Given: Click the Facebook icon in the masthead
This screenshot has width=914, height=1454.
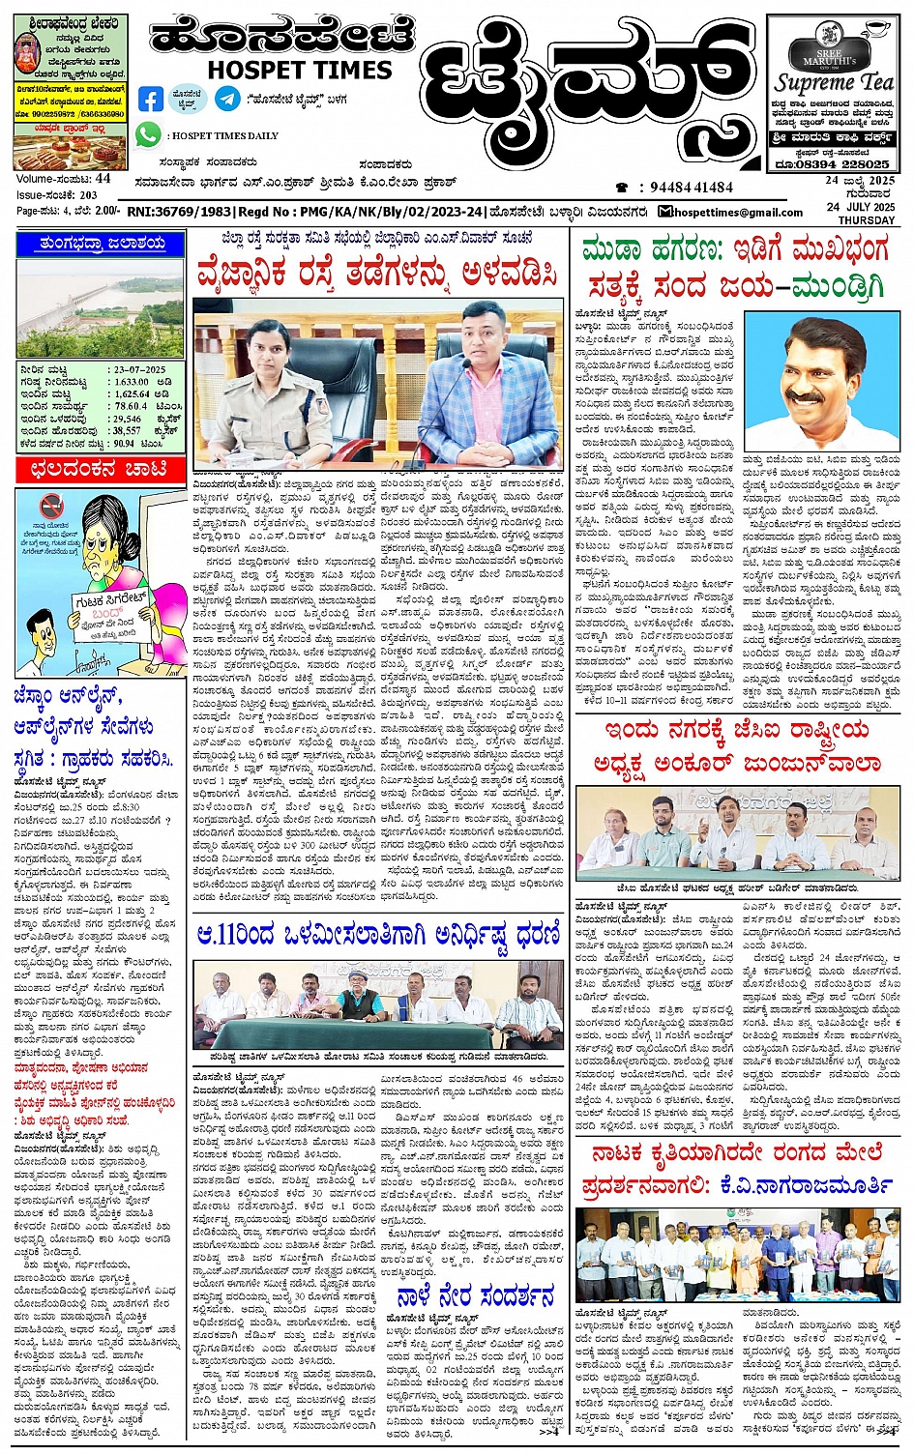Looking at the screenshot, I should pos(151,99).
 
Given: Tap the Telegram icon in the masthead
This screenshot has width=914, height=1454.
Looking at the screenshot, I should pos(227,99).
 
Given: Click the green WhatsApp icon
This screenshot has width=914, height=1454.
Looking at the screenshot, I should pos(147,134).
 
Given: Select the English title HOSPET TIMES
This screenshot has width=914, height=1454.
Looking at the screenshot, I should pos(300,70).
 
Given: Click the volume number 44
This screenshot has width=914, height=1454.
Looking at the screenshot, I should pos(103,179).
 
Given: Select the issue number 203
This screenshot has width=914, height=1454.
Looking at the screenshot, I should pos(88,195).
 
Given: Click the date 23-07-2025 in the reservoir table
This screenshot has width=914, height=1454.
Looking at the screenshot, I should pos(139,369).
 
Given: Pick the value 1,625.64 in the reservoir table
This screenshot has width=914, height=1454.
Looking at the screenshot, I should pos(133,394).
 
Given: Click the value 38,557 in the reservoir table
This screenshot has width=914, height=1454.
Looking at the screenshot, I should pos(127,431).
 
